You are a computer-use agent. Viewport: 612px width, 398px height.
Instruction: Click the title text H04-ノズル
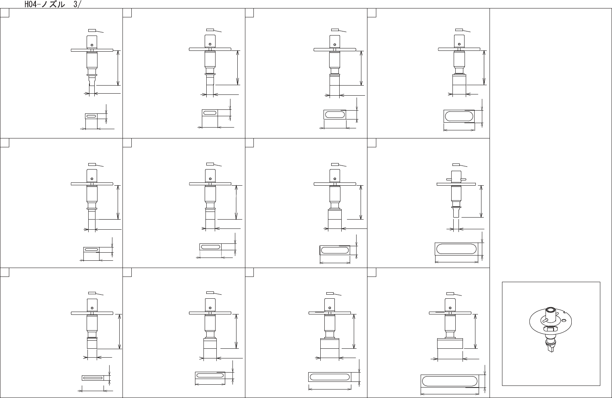point(45,4)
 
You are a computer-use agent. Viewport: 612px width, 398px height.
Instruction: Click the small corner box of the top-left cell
point(4,13)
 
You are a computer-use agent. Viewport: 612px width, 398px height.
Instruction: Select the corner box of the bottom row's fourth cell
point(371,272)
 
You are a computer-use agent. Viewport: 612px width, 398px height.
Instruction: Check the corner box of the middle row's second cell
point(127,143)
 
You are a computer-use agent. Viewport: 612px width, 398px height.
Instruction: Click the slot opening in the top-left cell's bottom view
point(91,116)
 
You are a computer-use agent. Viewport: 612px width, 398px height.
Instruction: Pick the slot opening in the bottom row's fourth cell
point(449,381)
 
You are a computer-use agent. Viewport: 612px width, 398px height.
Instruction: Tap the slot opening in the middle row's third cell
point(334,250)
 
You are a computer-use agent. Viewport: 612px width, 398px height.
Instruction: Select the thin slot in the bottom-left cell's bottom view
point(93,378)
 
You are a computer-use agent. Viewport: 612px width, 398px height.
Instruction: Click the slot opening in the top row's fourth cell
point(458,116)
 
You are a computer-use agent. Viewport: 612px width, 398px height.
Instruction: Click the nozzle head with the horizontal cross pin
point(456,176)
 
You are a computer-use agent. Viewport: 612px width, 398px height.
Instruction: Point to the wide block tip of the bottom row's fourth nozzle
point(450,344)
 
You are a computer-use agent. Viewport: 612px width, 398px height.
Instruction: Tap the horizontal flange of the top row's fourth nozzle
point(459,49)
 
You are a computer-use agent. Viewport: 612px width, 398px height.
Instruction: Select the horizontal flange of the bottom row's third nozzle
point(330,313)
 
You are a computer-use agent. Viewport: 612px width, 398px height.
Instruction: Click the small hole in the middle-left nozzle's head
point(92,179)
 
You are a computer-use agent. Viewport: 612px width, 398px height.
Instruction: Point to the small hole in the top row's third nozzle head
point(334,44)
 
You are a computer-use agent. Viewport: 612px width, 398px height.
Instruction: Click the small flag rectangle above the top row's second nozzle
point(210,30)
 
